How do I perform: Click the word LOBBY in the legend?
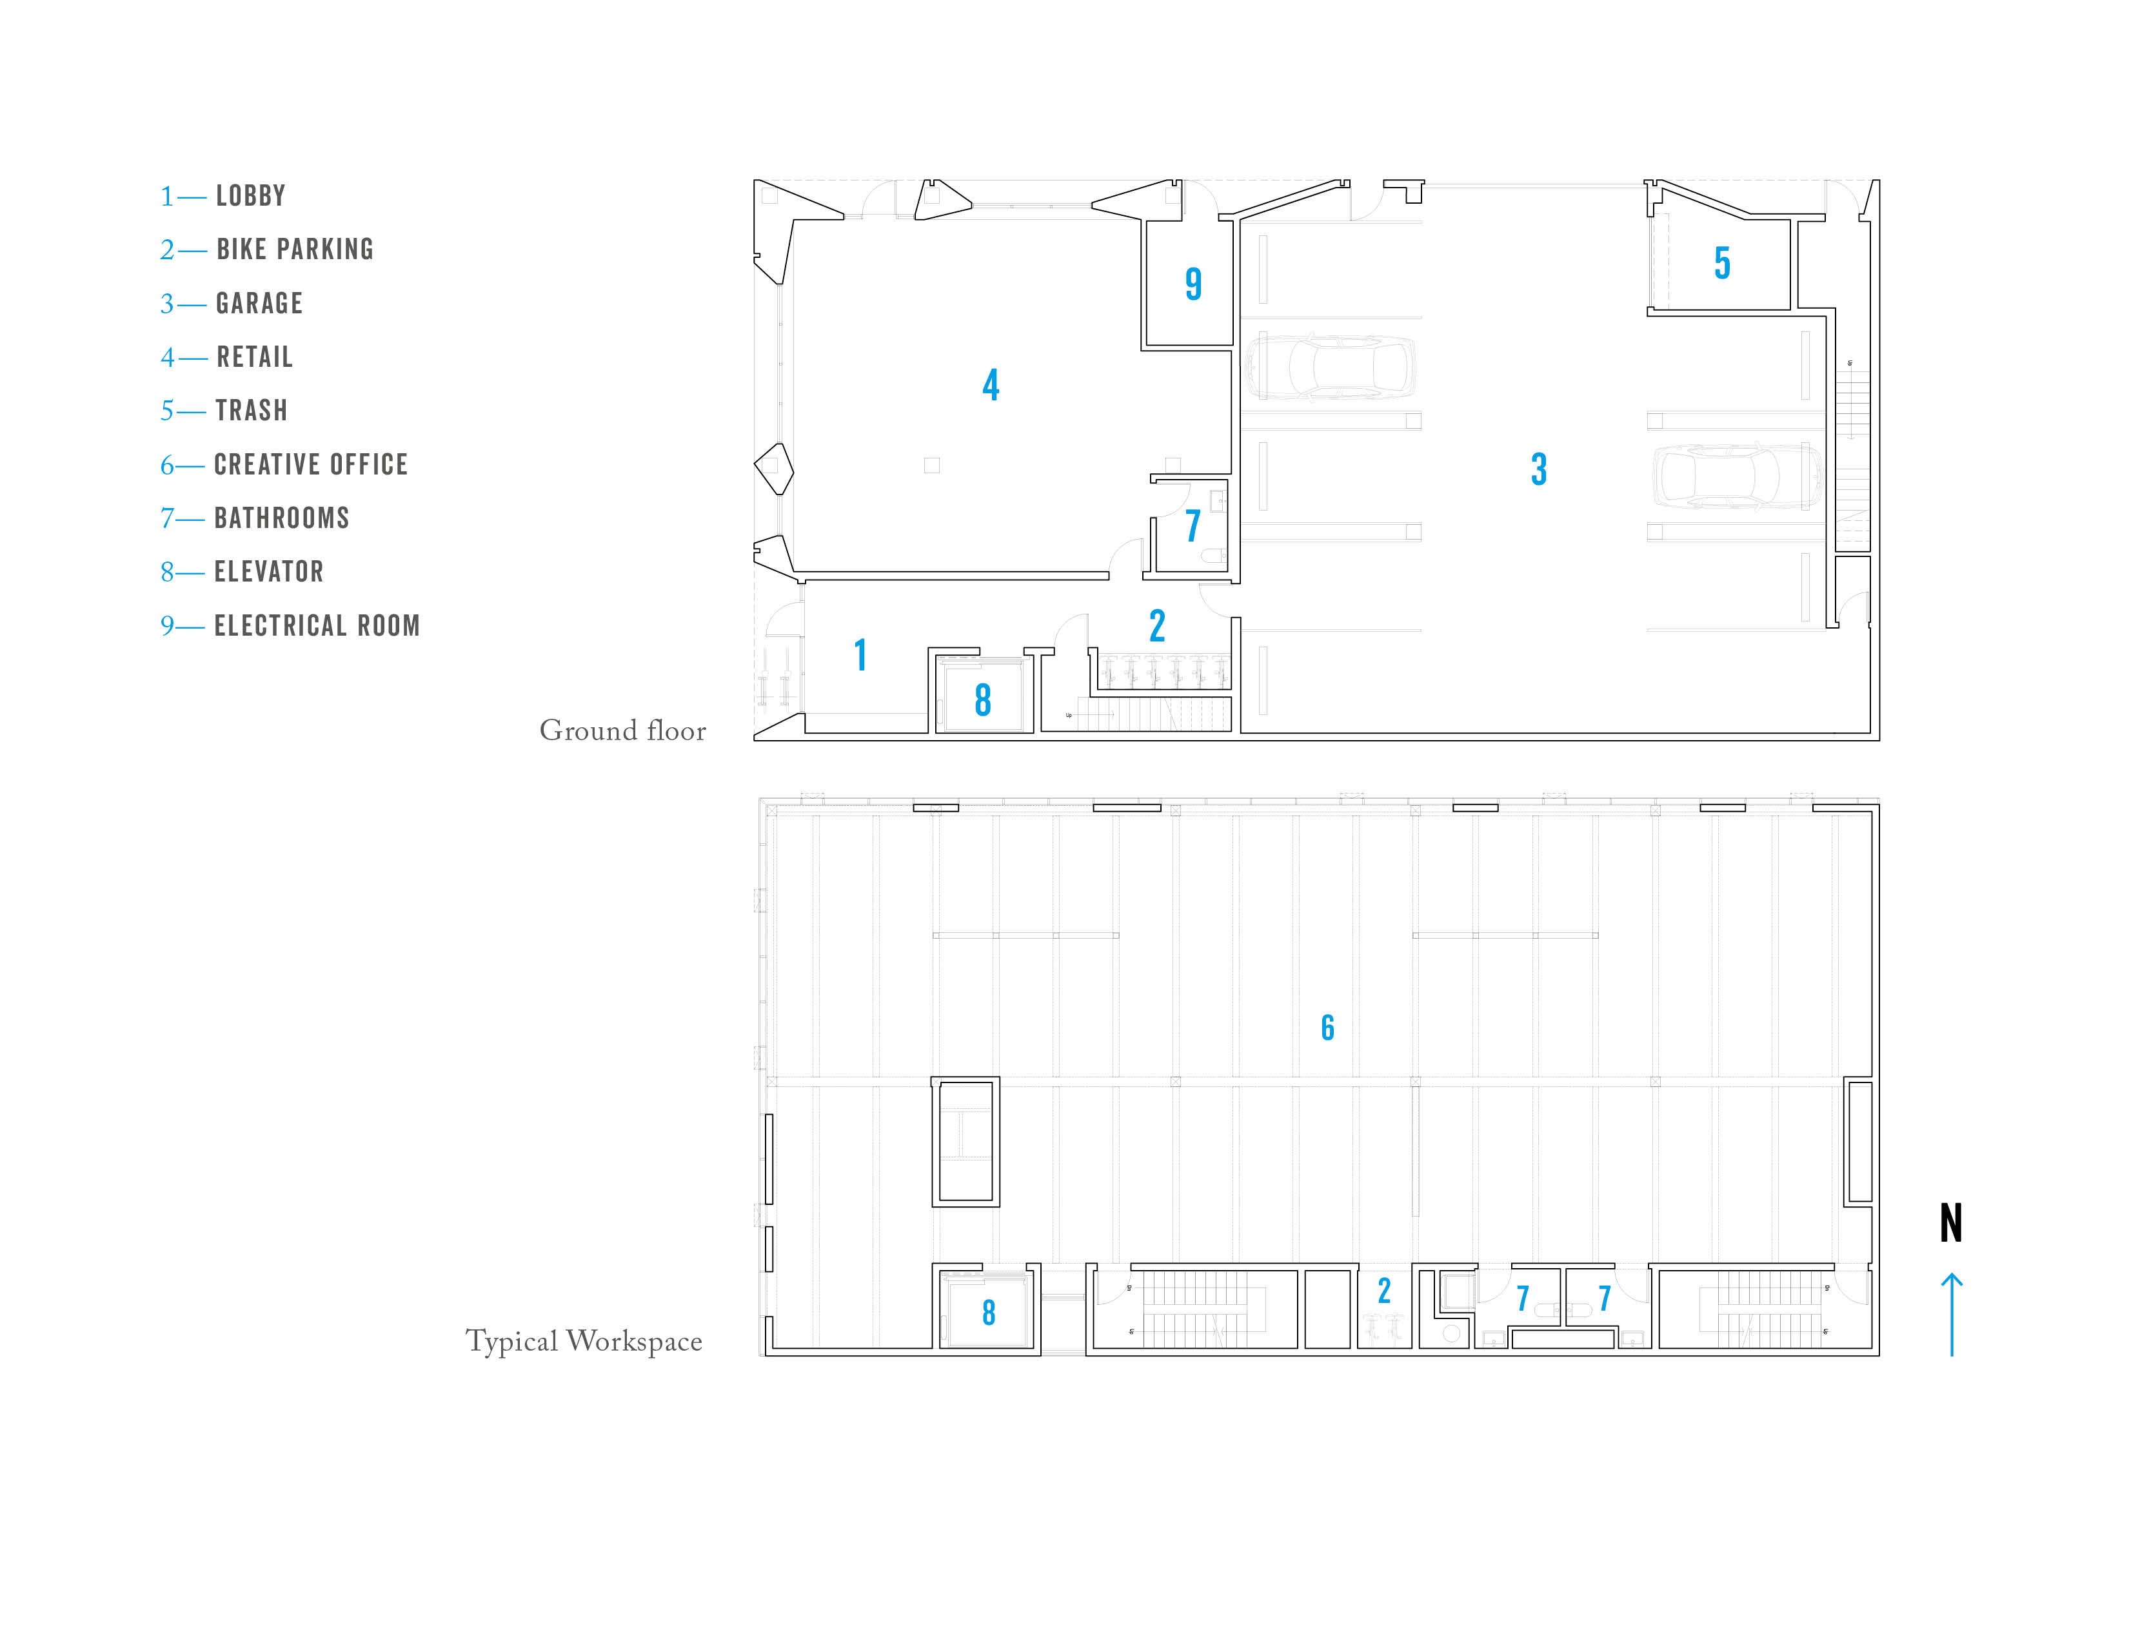tap(250, 196)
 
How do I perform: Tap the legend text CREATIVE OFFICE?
tap(310, 465)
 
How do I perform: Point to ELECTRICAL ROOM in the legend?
tap(317, 625)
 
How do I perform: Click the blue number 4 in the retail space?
tap(991, 385)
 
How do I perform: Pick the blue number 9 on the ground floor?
tap(1193, 284)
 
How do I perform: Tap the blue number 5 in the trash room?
tap(1723, 263)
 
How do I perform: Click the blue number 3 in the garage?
tap(1538, 470)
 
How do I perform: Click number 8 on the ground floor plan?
tap(983, 700)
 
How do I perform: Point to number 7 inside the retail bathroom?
tap(1192, 526)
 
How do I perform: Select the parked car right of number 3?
tap(1735, 478)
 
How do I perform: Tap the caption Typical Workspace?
tap(583, 1341)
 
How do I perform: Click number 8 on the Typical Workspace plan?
tap(989, 1313)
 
